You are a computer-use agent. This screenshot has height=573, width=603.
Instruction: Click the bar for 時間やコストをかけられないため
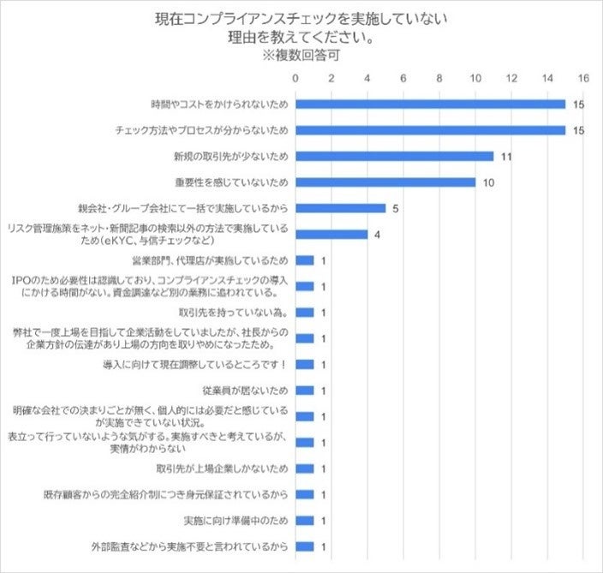click(430, 104)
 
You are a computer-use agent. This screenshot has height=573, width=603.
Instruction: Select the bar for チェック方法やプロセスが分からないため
click(430, 130)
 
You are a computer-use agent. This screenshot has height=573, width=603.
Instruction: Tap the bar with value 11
click(394, 156)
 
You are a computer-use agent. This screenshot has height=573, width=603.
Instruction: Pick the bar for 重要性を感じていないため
click(385, 182)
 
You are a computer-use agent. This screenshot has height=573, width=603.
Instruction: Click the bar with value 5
click(340, 208)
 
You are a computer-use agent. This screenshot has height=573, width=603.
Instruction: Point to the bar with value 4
click(331, 234)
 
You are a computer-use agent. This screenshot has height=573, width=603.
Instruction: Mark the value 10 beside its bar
click(488, 182)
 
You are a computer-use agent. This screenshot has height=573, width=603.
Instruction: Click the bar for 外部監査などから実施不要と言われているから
click(305, 546)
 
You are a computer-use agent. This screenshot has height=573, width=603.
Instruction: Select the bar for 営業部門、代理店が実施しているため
click(305, 260)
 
